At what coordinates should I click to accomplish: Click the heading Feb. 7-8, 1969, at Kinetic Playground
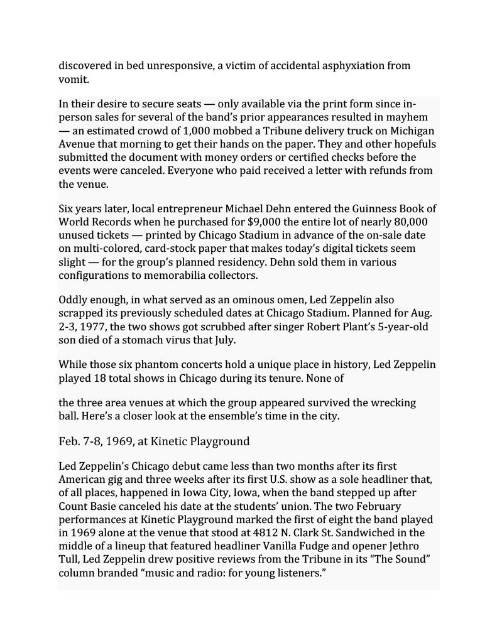coord(154,441)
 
